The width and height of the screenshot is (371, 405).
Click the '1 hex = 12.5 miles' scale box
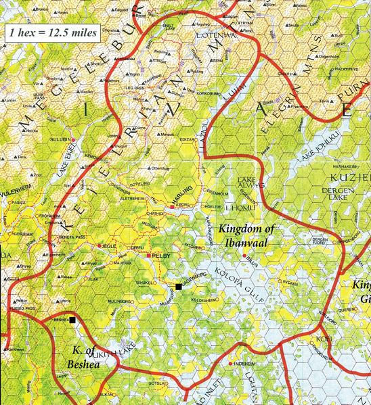[x=52, y=32]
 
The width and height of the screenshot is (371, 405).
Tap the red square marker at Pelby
[x=148, y=256]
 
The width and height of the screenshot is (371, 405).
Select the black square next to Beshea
[x=72, y=322]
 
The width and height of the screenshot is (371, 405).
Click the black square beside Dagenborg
[x=178, y=287]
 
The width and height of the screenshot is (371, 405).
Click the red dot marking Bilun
[x=244, y=255]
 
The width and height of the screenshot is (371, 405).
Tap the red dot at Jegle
[x=100, y=245]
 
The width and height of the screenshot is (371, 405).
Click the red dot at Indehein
[x=230, y=364]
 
